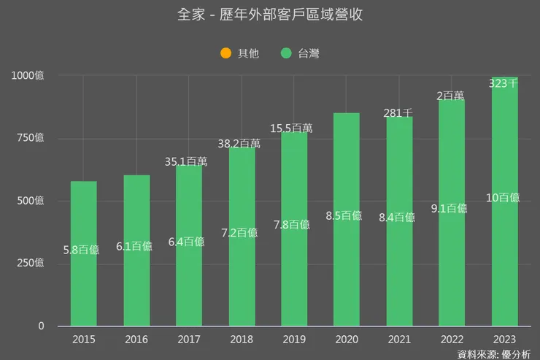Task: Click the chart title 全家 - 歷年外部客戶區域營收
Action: point(270,15)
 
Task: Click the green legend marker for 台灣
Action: point(285,53)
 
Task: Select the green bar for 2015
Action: point(84,292)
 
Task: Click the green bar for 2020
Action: point(347,277)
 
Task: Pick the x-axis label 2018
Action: point(242,340)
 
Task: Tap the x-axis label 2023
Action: point(505,340)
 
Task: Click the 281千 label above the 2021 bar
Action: point(399,113)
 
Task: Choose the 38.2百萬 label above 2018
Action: point(242,144)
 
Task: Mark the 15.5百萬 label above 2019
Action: point(294,128)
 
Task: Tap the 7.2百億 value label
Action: point(242,232)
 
